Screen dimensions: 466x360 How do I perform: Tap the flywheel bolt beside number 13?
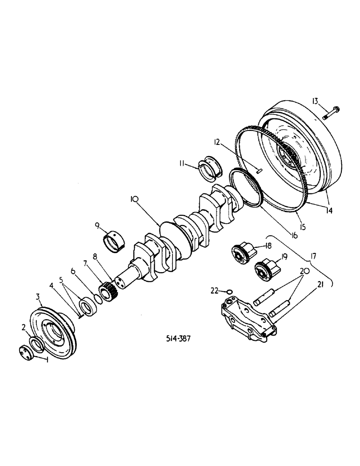(332, 112)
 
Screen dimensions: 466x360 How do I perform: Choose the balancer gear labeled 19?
(263, 270)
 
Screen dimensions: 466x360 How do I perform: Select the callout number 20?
(303, 271)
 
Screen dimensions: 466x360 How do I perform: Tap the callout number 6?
(73, 271)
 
